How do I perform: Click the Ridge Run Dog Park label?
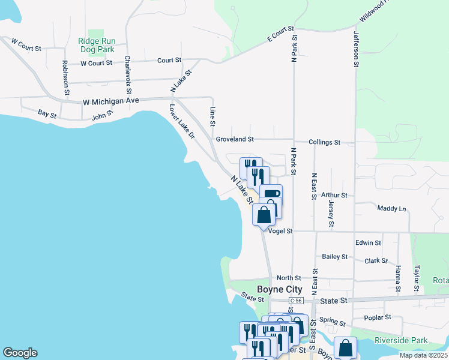click(x=96, y=46)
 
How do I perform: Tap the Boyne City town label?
click(x=280, y=289)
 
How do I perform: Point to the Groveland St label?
click(x=235, y=139)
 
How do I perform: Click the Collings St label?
click(x=324, y=142)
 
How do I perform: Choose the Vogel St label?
click(x=280, y=230)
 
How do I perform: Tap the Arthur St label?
click(x=334, y=195)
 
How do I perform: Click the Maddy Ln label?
click(x=391, y=208)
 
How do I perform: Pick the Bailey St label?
click(x=335, y=256)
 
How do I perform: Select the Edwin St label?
click(x=368, y=242)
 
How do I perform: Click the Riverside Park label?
click(x=401, y=340)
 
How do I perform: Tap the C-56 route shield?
click(x=294, y=300)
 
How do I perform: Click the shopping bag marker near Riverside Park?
click(x=346, y=348)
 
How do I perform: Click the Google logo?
click(x=20, y=353)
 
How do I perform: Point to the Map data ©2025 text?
click(x=423, y=356)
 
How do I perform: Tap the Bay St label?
click(x=47, y=113)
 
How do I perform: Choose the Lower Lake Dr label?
click(x=182, y=122)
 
